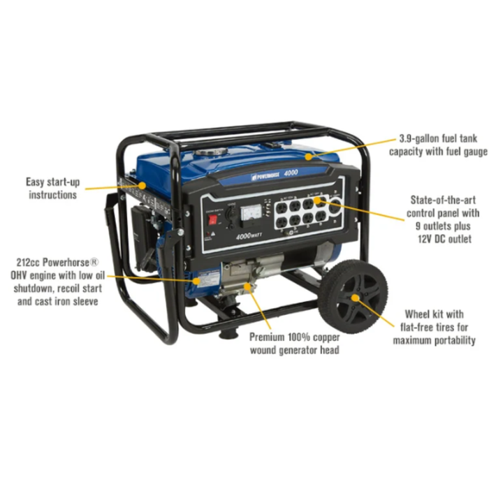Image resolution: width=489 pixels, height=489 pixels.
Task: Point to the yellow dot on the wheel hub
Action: (355, 298)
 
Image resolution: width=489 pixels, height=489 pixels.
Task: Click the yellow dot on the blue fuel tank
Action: (308, 157)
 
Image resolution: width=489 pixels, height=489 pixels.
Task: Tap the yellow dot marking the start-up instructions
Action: (143, 186)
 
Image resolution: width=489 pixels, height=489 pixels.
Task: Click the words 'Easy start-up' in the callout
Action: (53, 182)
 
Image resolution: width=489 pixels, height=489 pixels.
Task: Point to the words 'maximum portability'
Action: (434, 340)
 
